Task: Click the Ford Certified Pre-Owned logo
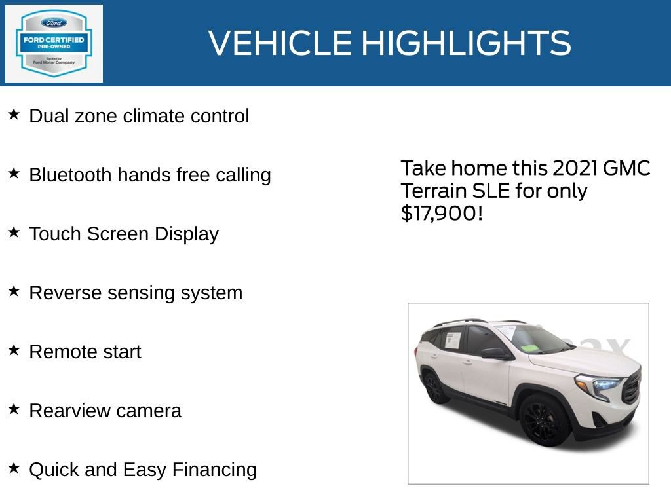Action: coord(54,43)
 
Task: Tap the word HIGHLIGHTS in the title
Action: coord(466,43)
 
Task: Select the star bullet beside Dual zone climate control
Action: coord(14,115)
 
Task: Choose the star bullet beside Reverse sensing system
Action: coord(14,291)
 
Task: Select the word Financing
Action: coord(214,470)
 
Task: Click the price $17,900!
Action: coord(442,213)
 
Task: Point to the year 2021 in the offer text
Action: coord(575,168)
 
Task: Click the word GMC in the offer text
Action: coord(626,168)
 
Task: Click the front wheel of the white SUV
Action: coord(545,420)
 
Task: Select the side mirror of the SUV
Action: coord(497,353)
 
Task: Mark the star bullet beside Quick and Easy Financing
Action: coord(14,468)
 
